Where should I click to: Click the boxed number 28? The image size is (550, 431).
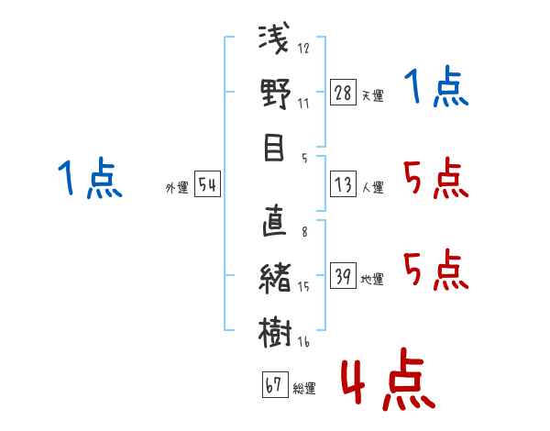tap(343, 94)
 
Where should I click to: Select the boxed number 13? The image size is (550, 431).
tap(343, 185)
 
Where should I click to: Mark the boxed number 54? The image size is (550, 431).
tap(207, 185)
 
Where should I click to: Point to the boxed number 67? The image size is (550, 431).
tap(274, 386)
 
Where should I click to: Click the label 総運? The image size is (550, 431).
tap(304, 389)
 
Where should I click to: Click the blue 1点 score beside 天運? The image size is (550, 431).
tap(436, 89)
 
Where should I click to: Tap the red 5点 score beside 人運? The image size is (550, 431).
tap(436, 179)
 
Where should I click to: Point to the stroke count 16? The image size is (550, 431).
tap(303, 342)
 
